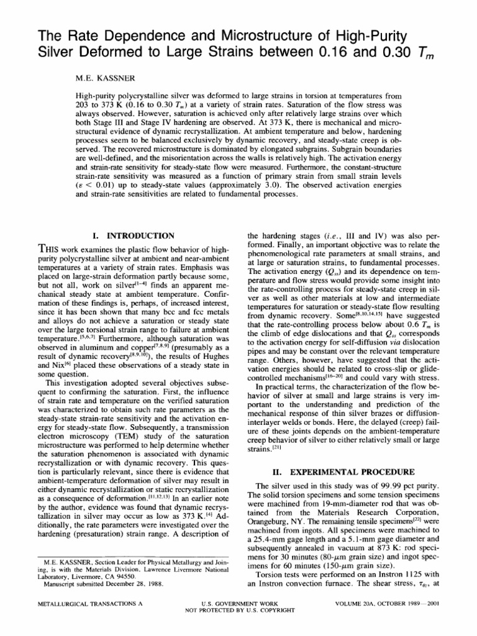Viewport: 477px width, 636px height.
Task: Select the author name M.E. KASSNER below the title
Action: (101, 78)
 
